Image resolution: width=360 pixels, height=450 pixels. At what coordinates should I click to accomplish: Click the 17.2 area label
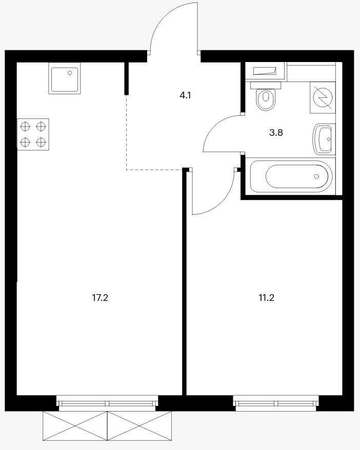click(100, 298)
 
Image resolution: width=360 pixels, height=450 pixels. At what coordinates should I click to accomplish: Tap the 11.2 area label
click(267, 298)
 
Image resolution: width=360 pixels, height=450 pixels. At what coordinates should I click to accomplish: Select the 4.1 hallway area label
click(185, 95)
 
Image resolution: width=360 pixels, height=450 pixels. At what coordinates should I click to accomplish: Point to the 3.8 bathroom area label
click(276, 133)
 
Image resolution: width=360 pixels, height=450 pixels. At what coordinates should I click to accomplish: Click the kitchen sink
click(65, 78)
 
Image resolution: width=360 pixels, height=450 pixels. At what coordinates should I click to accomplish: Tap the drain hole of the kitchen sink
click(70, 73)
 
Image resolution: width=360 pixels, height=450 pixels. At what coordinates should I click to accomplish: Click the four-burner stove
click(33, 134)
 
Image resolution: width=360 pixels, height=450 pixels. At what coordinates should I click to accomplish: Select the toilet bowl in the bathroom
click(266, 100)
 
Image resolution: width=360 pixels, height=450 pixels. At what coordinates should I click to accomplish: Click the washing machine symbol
click(323, 97)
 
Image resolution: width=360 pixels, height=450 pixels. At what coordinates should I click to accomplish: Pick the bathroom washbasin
click(324, 139)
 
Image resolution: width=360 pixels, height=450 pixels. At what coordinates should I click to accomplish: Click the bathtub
click(291, 176)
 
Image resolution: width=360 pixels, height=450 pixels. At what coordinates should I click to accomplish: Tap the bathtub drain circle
click(316, 176)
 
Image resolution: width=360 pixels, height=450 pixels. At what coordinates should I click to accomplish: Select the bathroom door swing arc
click(215, 124)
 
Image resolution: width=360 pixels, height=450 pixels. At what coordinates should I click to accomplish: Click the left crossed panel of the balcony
click(75, 426)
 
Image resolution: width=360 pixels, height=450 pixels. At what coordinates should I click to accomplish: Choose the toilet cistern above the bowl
click(266, 85)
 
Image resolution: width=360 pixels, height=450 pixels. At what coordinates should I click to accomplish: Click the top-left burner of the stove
click(25, 126)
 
